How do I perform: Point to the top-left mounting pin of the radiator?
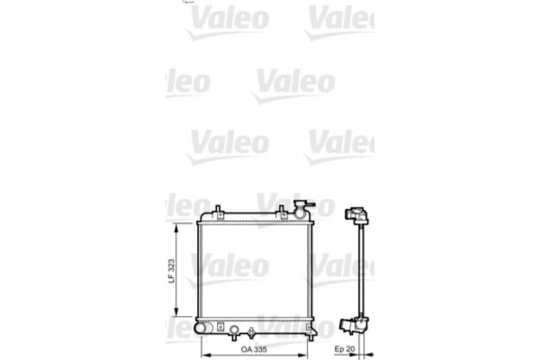point(217,213)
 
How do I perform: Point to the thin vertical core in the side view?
point(362,270)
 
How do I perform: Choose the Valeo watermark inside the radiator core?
point(229,265)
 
